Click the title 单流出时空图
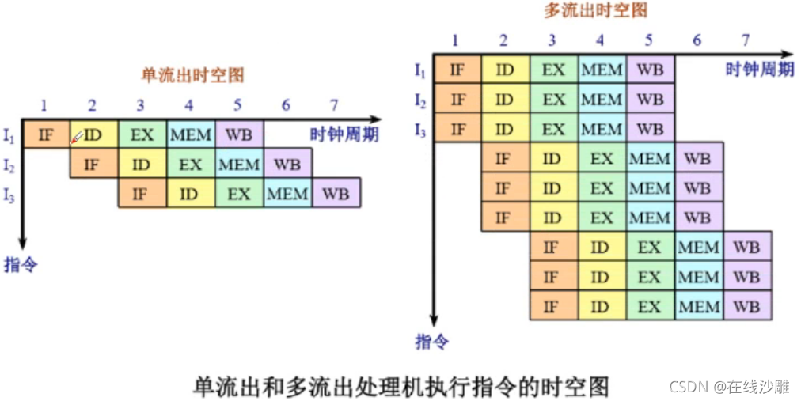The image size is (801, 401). (x=192, y=75)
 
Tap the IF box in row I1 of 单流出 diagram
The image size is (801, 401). (x=46, y=134)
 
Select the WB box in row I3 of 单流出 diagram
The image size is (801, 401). (x=336, y=193)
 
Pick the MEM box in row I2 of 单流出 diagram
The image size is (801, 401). (x=239, y=164)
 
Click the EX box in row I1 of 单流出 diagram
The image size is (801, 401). (x=142, y=134)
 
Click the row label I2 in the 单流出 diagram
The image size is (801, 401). (x=9, y=165)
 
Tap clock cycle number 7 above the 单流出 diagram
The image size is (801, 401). (x=335, y=105)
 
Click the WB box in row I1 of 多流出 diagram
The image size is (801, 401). (x=651, y=70)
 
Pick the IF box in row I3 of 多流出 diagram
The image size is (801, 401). (x=457, y=129)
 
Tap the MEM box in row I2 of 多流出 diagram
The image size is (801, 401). (x=602, y=100)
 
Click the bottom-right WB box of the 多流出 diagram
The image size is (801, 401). (x=746, y=306)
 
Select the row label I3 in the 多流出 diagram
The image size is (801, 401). (x=421, y=131)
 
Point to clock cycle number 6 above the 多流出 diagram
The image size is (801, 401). (x=697, y=41)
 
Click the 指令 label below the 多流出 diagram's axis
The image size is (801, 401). (x=432, y=342)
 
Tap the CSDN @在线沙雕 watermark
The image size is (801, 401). (x=730, y=387)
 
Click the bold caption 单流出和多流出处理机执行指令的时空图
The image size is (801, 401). (x=401, y=385)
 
